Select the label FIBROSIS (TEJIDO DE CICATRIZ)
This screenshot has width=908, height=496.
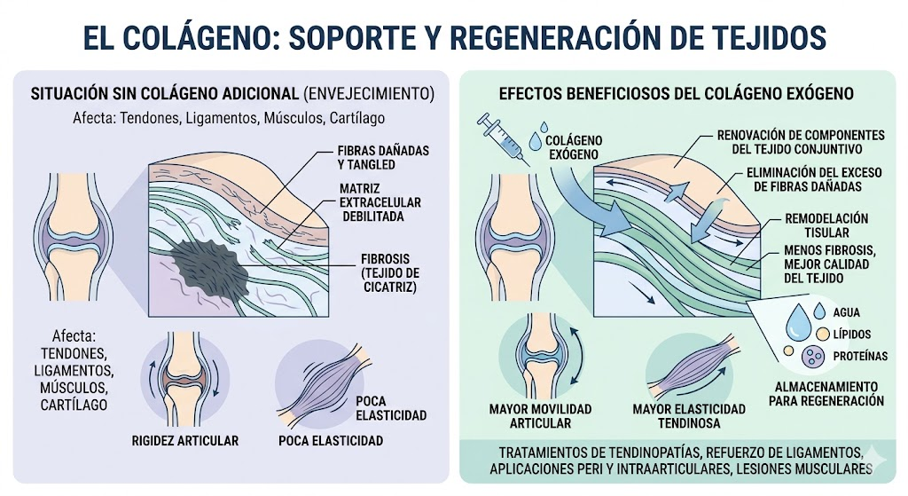click(x=390, y=273)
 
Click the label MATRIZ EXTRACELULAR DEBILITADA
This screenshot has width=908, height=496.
click(x=380, y=202)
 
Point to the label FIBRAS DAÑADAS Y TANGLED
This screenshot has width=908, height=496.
click(x=383, y=158)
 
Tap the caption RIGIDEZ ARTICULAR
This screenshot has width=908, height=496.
click(x=184, y=441)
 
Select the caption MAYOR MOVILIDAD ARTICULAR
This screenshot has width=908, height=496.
click(x=540, y=416)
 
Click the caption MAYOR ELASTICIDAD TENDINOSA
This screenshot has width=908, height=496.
click(x=689, y=416)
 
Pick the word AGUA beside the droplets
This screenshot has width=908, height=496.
click(x=846, y=313)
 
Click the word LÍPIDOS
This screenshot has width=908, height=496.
click(x=852, y=335)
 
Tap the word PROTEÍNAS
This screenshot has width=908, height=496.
click(x=860, y=357)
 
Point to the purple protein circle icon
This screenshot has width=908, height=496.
click(x=812, y=357)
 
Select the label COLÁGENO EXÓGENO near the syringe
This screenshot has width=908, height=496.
click(x=574, y=148)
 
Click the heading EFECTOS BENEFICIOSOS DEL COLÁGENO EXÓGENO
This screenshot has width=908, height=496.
click(x=676, y=94)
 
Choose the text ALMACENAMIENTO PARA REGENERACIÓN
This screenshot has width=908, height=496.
click(x=826, y=393)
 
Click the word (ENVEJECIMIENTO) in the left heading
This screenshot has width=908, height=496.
click(x=368, y=94)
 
